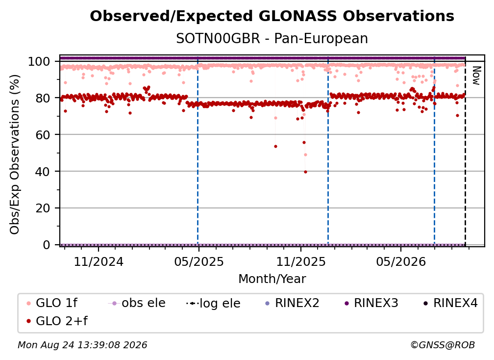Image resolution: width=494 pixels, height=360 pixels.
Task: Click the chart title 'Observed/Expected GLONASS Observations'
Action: coord(272,16)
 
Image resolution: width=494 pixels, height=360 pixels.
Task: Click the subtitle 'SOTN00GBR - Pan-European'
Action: coord(272,38)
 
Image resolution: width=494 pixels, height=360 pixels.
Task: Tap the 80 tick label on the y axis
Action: coord(43,98)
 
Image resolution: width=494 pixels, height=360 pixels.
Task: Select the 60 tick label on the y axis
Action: coord(43,134)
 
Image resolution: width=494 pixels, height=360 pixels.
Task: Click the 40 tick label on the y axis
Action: coord(43,172)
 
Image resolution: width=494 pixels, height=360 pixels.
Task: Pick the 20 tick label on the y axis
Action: coord(43,208)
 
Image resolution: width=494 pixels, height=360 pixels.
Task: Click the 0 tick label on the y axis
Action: coord(47,245)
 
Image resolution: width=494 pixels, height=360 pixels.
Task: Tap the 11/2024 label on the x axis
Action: coord(99,261)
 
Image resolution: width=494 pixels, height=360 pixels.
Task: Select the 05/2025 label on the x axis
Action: coord(199,261)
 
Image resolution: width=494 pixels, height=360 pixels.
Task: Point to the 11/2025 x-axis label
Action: coord(301,261)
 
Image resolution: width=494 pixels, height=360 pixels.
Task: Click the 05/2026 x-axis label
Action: coord(401,261)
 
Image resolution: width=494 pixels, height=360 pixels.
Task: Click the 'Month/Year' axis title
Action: coord(272,279)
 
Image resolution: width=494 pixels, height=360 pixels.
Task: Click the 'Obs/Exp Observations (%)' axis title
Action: coord(15,154)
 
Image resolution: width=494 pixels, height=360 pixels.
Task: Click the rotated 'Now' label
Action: coord(476,76)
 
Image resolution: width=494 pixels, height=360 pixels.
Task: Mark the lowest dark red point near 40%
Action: coord(305,172)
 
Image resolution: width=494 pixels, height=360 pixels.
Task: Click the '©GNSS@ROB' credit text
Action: coord(443,345)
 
